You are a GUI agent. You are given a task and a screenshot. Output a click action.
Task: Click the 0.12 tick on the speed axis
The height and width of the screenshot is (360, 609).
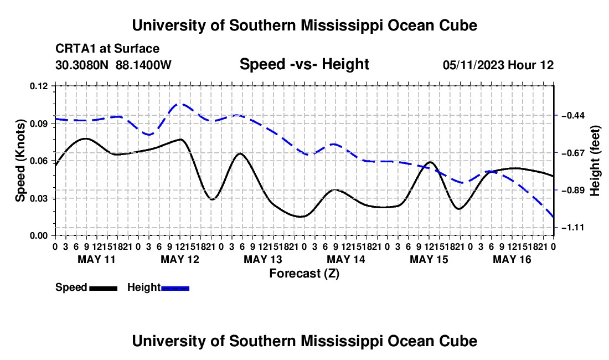(x=39, y=86)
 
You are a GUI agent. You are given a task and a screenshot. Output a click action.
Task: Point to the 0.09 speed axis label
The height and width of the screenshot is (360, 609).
(x=39, y=124)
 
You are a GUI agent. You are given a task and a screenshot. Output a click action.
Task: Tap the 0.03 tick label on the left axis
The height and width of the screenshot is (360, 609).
(x=39, y=198)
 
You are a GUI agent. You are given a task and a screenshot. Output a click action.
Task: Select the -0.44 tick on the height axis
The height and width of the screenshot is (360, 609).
(x=573, y=115)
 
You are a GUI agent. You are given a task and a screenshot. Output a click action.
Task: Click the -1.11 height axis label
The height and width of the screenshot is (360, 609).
(x=573, y=227)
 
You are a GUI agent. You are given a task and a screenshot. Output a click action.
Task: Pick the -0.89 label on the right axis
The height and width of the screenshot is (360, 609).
(x=573, y=190)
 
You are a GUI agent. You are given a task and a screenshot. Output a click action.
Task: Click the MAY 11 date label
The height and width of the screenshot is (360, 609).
(x=97, y=259)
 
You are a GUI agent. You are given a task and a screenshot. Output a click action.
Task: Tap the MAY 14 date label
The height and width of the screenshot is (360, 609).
(x=346, y=259)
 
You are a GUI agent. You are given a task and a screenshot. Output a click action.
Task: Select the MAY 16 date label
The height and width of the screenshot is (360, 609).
(x=512, y=259)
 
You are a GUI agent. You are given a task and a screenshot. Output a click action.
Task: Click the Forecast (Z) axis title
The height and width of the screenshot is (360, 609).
(x=304, y=274)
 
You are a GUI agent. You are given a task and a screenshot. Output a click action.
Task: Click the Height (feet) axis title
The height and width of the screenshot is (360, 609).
(x=595, y=161)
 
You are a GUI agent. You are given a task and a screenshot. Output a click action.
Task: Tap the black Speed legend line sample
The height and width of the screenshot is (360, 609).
(x=104, y=289)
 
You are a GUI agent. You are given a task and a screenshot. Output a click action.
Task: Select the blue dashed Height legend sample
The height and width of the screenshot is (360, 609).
(x=175, y=289)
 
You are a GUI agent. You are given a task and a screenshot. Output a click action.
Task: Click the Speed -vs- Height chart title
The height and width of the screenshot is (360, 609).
(x=304, y=64)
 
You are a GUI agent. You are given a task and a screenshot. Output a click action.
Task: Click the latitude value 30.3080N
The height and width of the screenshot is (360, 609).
(x=82, y=65)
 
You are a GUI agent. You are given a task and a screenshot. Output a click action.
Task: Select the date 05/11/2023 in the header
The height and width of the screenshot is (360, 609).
(x=473, y=65)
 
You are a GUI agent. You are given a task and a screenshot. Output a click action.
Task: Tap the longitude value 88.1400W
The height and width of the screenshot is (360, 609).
(x=143, y=65)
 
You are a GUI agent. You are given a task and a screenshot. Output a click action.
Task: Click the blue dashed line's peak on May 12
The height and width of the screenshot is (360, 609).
(x=180, y=104)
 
